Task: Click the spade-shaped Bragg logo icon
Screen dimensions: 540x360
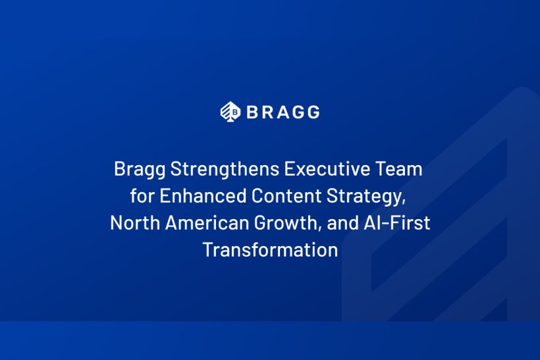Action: point(230,112)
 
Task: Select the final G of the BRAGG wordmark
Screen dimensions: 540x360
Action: point(313,112)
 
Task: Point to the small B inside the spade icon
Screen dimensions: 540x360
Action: point(235,112)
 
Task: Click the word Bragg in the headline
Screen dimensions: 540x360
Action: point(140,169)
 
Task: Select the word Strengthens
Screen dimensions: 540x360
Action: point(225,168)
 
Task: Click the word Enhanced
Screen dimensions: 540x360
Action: point(203,195)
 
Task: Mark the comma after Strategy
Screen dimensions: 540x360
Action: point(404,202)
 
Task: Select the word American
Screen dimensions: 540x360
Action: point(207,222)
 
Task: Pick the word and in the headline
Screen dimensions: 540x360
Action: point(342,222)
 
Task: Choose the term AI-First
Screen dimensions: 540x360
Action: point(396,222)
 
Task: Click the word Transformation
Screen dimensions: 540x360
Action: point(271,249)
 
